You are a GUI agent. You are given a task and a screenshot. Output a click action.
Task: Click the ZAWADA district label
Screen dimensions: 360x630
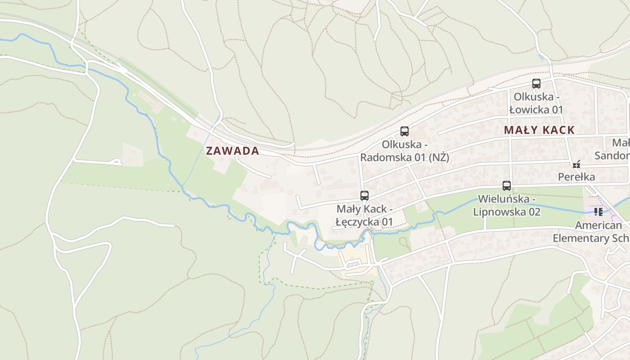pyautogui.click(x=232, y=151)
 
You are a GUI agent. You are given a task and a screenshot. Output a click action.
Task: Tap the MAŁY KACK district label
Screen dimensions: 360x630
pyautogui.click(x=539, y=130)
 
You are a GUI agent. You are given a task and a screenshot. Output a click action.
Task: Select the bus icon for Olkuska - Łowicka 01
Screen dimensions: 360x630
pyautogui.click(x=536, y=84)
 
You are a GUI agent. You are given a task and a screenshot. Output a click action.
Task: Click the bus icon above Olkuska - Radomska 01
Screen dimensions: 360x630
pyautogui.click(x=405, y=131)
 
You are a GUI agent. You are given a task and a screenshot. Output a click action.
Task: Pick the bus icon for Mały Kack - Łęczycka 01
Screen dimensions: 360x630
pyautogui.click(x=364, y=196)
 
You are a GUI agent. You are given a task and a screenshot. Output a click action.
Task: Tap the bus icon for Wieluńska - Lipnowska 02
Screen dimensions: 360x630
pyautogui.click(x=507, y=185)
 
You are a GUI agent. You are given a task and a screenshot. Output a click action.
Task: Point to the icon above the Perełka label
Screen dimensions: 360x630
pyautogui.click(x=576, y=164)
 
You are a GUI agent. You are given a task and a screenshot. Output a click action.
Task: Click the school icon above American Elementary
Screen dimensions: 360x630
pyautogui.click(x=598, y=211)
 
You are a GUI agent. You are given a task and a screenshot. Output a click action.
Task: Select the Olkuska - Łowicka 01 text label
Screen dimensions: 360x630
pyautogui.click(x=536, y=103)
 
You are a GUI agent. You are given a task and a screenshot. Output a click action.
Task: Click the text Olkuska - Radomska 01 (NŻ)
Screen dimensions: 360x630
pyautogui.click(x=405, y=151)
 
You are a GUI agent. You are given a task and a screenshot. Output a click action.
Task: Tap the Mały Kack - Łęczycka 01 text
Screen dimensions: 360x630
pyautogui.click(x=364, y=216)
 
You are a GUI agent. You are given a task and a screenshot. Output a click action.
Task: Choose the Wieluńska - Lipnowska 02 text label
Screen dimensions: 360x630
pyautogui.click(x=507, y=205)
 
